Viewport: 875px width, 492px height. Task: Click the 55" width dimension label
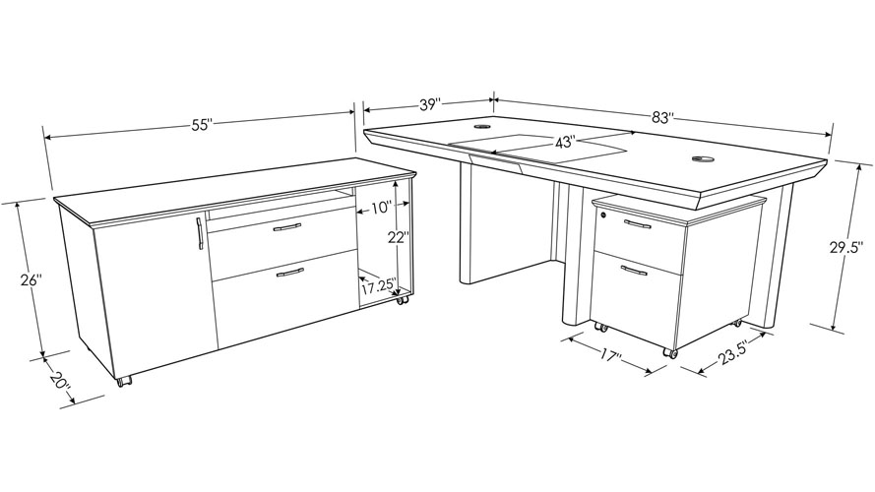[x=201, y=125]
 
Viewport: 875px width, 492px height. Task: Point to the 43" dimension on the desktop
[x=564, y=143]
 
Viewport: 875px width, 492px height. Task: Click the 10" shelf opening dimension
[x=381, y=208]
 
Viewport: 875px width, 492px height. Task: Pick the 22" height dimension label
[x=397, y=236]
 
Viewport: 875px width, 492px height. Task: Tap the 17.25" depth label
[x=378, y=287]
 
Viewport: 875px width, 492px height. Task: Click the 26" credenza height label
[x=31, y=280]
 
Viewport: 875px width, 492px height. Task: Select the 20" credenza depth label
[x=61, y=380]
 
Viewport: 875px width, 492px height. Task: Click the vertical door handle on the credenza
[x=199, y=234]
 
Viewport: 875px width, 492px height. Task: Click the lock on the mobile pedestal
[x=601, y=212]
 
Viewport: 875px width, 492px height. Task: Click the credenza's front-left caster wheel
[x=123, y=382]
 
